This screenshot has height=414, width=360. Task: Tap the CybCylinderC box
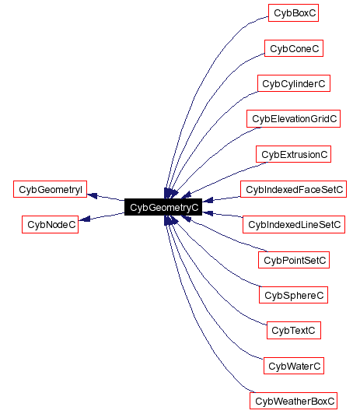click(294, 83)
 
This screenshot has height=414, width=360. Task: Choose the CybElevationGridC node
click(294, 119)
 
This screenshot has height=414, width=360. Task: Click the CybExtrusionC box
click(294, 154)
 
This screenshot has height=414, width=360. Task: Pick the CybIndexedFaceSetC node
click(294, 189)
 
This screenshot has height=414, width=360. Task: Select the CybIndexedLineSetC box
click(294, 225)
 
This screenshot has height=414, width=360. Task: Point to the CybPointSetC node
click(294, 260)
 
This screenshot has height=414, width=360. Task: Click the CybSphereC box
click(294, 295)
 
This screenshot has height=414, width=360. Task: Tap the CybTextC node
click(294, 331)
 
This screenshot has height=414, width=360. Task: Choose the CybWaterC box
click(294, 366)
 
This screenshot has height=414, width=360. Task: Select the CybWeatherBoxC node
click(294, 401)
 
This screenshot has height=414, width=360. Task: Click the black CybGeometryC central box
click(164, 207)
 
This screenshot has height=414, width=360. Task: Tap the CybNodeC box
click(51, 225)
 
